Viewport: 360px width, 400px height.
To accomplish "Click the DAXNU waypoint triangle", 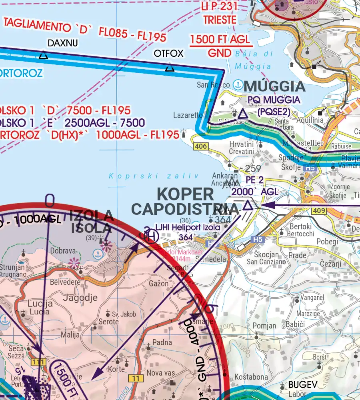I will click(43, 55).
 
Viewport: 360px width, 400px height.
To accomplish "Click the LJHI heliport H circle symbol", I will click(152, 237).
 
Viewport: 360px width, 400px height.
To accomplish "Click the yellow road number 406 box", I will click(200, 146).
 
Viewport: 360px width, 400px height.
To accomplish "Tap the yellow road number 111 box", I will click(38, 362).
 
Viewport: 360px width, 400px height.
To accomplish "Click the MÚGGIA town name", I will click(274, 86).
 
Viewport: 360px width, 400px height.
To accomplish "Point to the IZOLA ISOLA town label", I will click(91, 222).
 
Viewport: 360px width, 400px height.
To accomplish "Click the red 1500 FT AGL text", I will click(220, 40).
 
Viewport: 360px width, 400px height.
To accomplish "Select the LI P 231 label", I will click(220, 7).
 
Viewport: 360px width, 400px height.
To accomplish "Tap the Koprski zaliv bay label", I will click(154, 176).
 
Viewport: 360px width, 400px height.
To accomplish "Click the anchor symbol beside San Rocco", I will click(238, 84).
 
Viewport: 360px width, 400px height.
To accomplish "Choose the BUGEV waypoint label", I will click(303, 385).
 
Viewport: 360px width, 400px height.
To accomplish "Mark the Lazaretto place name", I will click(188, 115).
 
